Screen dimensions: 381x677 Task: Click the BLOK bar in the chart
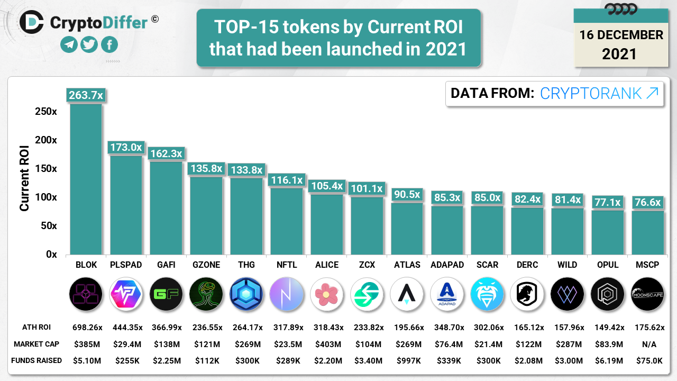[x=86, y=180]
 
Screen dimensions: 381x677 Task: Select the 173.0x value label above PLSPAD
[x=126, y=147]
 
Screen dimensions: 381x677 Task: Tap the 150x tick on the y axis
[x=46, y=169]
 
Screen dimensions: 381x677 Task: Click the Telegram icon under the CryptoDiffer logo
[x=69, y=45]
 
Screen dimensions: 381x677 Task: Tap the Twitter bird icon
[x=89, y=45]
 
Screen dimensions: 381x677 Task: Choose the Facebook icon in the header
[x=109, y=45]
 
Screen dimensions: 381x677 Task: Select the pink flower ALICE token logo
[x=326, y=294]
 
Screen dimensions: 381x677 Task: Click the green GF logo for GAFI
[x=166, y=294]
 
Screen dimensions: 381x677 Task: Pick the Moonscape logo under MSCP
[x=647, y=294]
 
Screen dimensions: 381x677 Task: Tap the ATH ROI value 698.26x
[x=86, y=328]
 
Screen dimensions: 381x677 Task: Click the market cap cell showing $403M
[x=326, y=344]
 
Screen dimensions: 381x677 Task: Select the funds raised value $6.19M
[x=607, y=361]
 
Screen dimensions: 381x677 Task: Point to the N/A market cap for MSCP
[x=647, y=344]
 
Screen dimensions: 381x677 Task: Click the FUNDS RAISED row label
[x=39, y=361]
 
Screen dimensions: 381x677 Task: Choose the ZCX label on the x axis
[x=367, y=265]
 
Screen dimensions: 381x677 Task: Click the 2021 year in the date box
[x=619, y=53]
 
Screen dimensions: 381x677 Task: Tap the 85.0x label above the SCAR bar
[x=487, y=197]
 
